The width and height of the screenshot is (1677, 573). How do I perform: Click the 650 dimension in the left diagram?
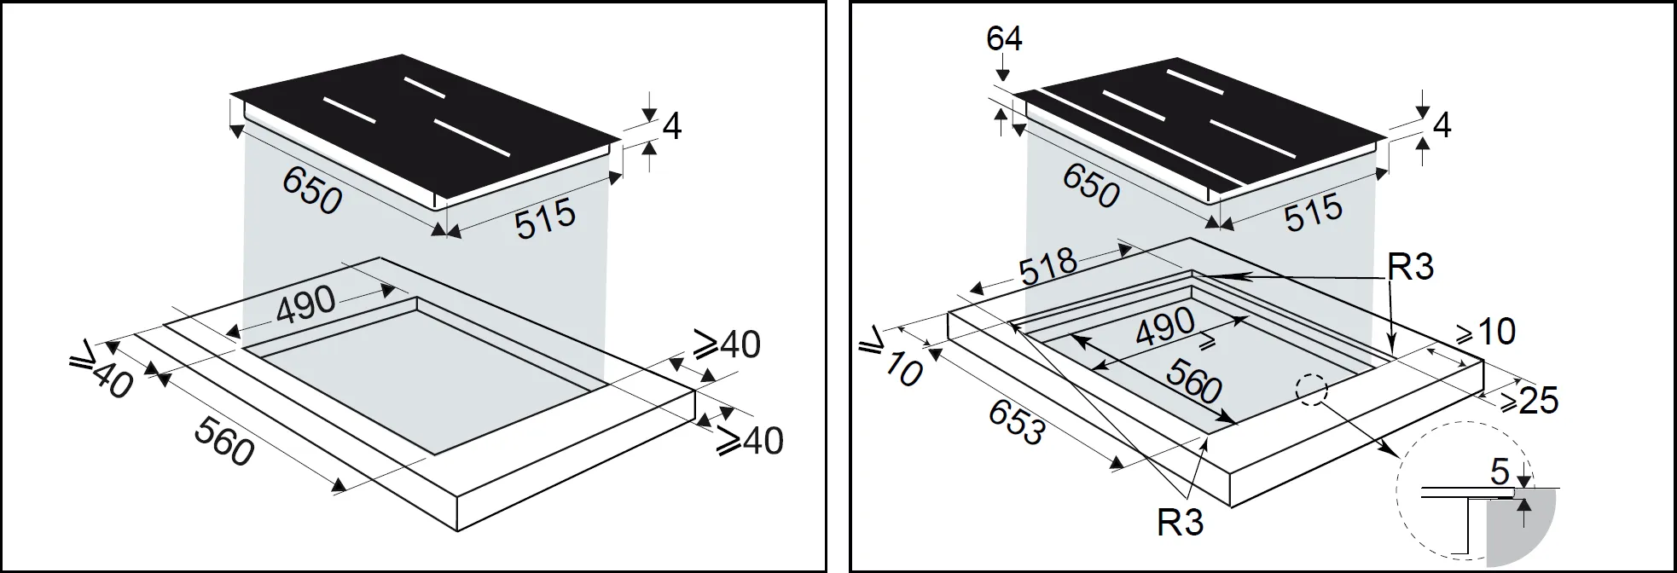click(312, 190)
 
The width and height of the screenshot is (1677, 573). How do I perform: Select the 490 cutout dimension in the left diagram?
click(305, 304)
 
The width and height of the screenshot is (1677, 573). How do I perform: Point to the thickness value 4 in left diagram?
click(672, 128)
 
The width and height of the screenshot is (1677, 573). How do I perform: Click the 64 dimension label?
click(1004, 38)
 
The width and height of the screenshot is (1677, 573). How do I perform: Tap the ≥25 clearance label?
click(1529, 400)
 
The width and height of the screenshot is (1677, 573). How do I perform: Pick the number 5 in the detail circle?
click(1499, 472)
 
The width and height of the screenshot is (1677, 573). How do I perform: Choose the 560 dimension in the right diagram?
click(1194, 381)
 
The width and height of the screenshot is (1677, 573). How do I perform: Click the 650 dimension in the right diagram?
click(1090, 185)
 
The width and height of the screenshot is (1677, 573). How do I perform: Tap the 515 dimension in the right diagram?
click(1314, 212)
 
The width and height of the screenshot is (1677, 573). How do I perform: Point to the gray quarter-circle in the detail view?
click(1523, 529)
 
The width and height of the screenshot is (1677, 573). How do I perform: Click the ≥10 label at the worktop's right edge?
click(1485, 332)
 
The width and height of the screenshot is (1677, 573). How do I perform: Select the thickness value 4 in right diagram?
click(1442, 126)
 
